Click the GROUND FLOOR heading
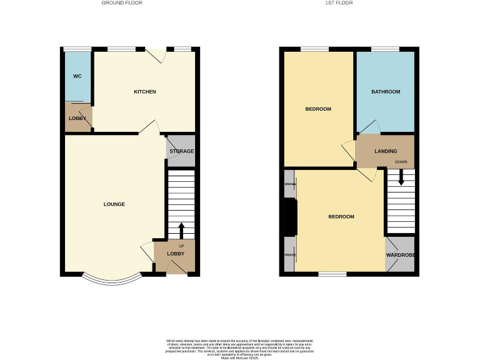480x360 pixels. point(122,3)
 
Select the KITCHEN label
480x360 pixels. point(145,92)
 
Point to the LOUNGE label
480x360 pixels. point(114,204)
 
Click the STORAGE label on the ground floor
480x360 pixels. point(181,151)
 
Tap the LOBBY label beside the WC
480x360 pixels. point(77,118)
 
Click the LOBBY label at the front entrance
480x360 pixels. point(176,254)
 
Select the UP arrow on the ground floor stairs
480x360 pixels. point(181,230)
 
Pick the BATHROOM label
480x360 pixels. point(386,92)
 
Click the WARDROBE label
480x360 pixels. point(401,255)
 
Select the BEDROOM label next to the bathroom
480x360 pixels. point(318,109)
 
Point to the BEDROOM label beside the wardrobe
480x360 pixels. point(341,217)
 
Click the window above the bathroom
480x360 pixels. point(385,49)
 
